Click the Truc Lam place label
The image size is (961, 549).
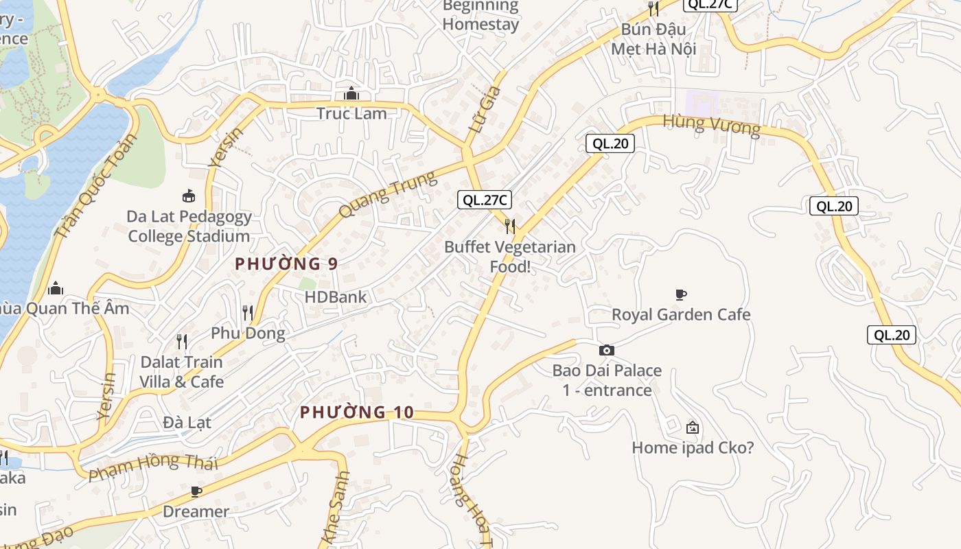pos(351,113)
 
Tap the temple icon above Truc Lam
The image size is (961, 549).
pos(351,93)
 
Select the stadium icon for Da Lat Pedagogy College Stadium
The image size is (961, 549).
pos(189,196)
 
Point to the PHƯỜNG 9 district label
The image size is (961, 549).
pos(287,264)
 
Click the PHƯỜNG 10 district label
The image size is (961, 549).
pos(357,412)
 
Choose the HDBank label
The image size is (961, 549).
pos(336,297)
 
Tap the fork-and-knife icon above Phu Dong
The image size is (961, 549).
pos(248,313)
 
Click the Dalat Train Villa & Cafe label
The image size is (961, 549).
pos(182,371)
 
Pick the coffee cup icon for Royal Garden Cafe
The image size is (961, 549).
pos(680,294)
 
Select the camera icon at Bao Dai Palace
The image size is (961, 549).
pos(606,350)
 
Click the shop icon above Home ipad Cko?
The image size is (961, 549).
pos(692,428)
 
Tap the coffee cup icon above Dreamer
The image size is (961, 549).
pos(196,491)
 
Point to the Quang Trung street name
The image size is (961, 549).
pos(388,195)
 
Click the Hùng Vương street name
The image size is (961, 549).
pos(711,126)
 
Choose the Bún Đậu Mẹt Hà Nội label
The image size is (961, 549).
pos(653,39)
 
